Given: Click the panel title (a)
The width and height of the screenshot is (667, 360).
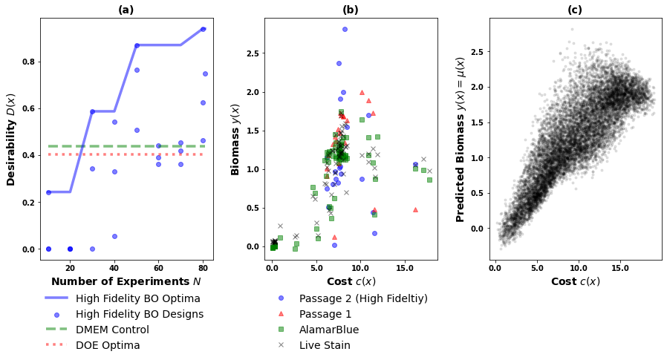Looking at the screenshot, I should [126, 10].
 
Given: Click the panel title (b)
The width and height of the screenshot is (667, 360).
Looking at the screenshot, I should [351, 10].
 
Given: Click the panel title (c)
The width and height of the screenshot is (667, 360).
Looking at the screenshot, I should [575, 10].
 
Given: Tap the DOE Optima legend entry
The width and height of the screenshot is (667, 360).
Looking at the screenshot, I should [108, 345].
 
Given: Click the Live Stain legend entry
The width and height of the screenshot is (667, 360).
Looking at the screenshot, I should [325, 345].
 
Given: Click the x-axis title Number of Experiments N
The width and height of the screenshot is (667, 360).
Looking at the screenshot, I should [126, 282].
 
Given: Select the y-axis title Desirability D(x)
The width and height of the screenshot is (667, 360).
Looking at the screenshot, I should [11, 139].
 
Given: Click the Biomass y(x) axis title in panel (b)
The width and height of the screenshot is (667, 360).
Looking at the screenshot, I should [235, 139].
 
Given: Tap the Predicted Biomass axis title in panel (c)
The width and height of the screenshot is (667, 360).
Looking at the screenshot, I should [461, 139].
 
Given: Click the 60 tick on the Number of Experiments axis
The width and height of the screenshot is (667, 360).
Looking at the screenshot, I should [159, 267].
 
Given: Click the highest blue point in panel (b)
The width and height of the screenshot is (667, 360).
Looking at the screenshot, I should [345, 29].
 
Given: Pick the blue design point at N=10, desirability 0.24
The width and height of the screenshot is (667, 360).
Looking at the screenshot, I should [48, 192].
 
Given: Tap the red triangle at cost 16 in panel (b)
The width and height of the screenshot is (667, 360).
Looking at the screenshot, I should [415, 209].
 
